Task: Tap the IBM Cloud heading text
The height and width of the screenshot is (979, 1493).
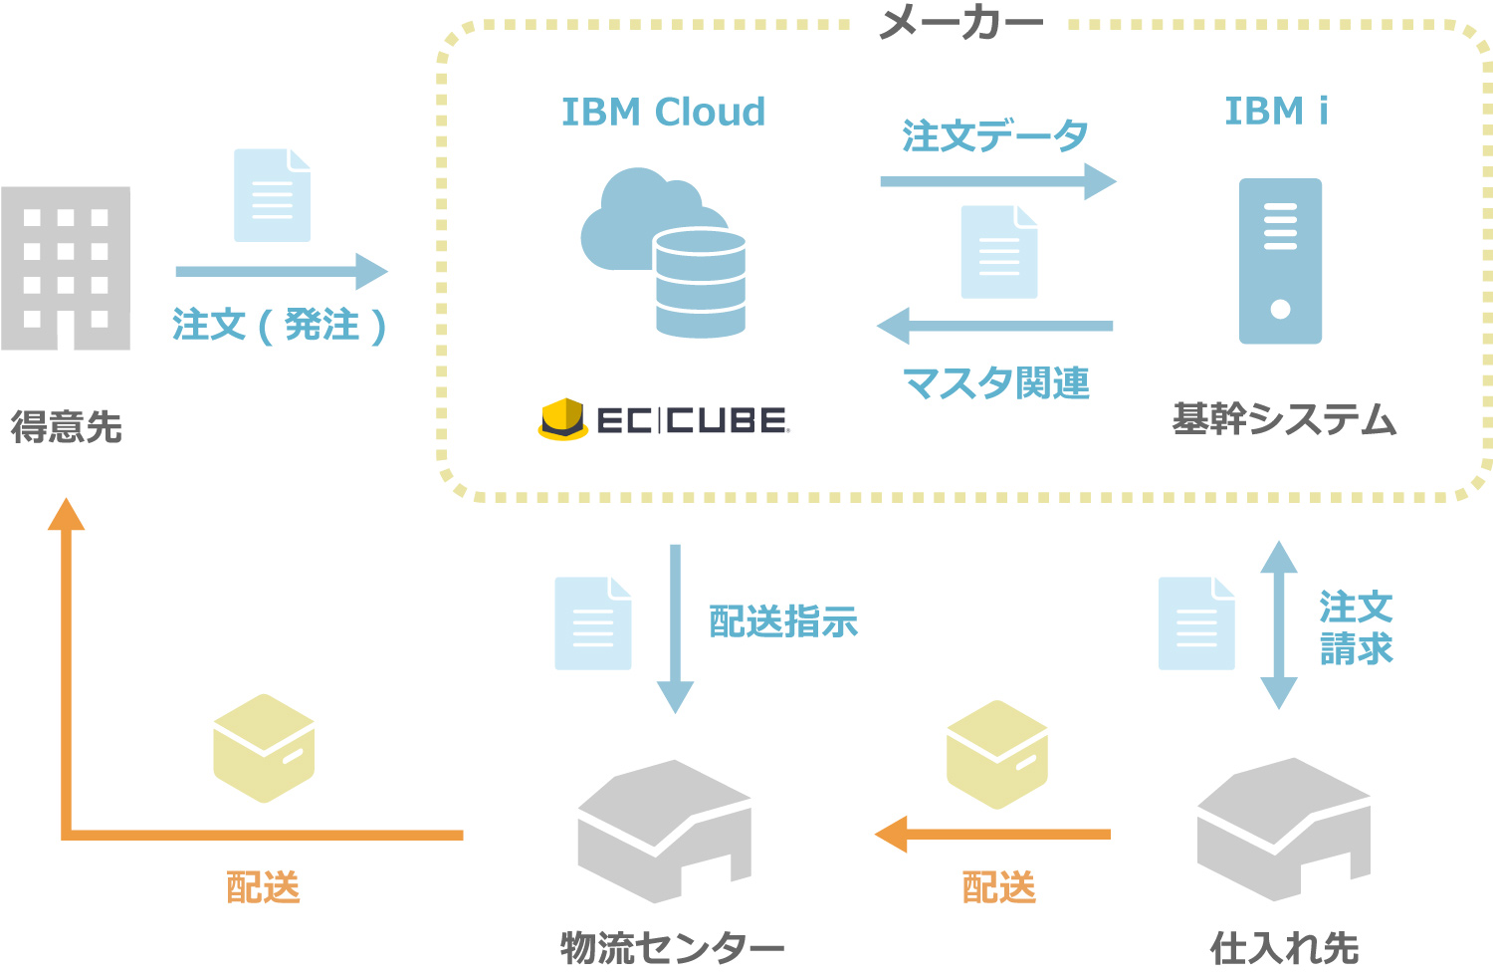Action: click(663, 112)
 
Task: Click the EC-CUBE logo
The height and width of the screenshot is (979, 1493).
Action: click(664, 420)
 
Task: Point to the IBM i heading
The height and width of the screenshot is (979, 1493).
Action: click(1275, 111)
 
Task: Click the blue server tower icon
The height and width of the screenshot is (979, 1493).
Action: click(1280, 261)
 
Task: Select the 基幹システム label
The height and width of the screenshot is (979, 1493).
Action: click(1284, 419)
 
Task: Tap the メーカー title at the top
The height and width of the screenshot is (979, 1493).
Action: click(960, 22)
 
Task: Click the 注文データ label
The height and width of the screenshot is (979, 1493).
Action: click(994, 136)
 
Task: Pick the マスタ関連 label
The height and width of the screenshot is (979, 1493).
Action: click(995, 382)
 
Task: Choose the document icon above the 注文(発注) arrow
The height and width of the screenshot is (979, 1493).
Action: click(272, 195)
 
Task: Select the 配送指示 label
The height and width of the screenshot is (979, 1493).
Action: click(783, 621)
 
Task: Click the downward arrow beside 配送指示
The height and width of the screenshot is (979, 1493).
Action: click(675, 627)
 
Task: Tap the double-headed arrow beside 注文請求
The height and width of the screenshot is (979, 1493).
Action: click(1279, 624)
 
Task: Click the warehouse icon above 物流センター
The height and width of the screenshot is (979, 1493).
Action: click(664, 831)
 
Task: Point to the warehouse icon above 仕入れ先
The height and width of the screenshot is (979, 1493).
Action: click(1283, 828)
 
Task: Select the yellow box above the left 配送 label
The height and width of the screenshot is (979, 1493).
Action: click(264, 748)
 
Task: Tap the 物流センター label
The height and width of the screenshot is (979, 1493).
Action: click(672, 947)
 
